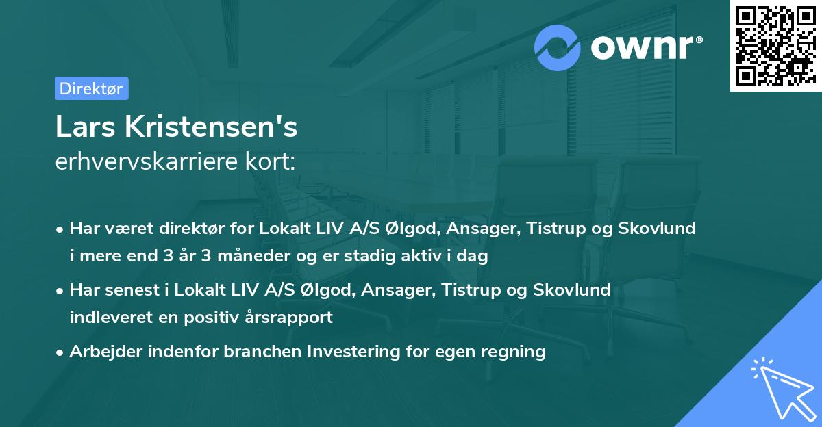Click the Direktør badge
click(91, 88)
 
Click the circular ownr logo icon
click(558, 47)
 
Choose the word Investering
click(351, 352)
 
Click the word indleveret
click(105, 318)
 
